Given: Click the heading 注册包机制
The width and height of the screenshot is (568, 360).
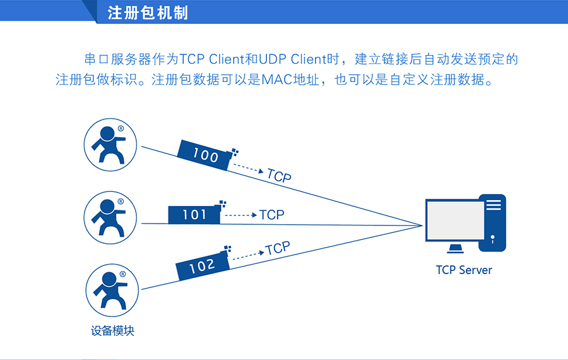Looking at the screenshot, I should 148,13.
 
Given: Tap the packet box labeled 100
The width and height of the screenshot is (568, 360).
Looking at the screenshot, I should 205,154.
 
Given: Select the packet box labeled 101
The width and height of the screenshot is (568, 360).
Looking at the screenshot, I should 194,215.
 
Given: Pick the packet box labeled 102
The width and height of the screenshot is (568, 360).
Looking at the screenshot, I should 202,266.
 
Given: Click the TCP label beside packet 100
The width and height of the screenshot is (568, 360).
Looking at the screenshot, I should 279,176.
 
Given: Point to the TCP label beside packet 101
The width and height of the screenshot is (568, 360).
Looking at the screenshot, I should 272,215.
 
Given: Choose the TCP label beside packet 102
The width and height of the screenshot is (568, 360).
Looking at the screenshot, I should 277,248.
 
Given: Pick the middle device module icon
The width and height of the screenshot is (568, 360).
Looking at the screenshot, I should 111,217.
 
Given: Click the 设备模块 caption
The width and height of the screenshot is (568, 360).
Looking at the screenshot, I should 113,330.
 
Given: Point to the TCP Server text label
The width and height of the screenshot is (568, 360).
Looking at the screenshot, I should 464,270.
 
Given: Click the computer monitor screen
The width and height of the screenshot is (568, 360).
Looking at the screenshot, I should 455,220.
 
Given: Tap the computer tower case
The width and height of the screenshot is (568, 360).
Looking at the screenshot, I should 494,223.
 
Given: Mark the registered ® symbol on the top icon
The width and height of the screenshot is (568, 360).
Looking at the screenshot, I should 121,128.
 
